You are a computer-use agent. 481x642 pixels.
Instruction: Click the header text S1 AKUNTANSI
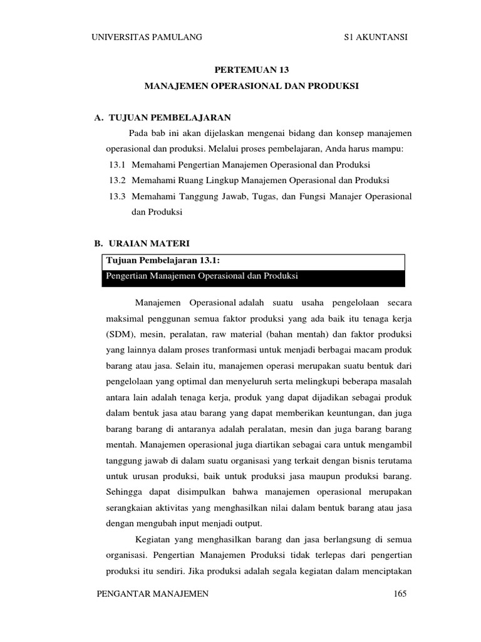pyautogui.click(x=376, y=38)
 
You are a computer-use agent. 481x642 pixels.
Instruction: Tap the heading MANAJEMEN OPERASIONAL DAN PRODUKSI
pyautogui.click(x=252, y=86)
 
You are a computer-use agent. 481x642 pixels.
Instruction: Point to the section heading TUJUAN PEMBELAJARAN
pyautogui.click(x=170, y=117)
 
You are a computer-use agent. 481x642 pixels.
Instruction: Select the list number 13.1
pyautogui.click(x=117, y=165)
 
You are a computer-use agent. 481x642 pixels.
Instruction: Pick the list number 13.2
pyautogui.click(x=117, y=181)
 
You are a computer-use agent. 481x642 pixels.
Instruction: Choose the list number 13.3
pyautogui.click(x=117, y=196)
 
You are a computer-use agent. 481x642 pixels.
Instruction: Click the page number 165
pyautogui.click(x=400, y=594)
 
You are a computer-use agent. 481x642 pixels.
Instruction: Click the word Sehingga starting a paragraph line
pyautogui.click(x=123, y=492)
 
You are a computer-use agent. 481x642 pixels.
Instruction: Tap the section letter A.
pyautogui.click(x=97, y=117)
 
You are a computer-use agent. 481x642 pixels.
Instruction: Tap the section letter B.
pyautogui.click(x=97, y=243)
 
